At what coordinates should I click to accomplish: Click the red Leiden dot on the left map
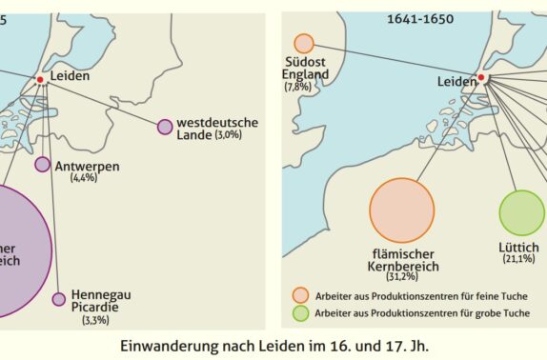pos(40,79)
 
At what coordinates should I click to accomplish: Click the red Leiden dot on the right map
pos(481,78)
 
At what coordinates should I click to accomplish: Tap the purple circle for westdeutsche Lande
pos(165,127)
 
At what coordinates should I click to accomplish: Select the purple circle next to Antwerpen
pos(42,164)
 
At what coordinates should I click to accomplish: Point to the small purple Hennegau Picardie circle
pos(59,299)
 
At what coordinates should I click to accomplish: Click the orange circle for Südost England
pos(304,44)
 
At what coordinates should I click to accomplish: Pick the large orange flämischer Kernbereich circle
pos(401,210)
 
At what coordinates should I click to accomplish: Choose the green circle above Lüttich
pos(521,213)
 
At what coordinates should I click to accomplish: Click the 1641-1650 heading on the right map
pos(415,19)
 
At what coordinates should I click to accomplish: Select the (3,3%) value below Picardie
pos(97,321)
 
